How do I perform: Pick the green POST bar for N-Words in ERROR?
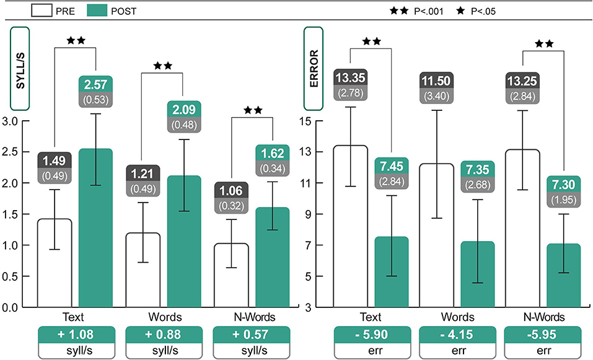[564, 275]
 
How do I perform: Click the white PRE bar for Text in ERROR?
[351, 226]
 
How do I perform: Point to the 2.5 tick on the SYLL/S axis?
[11, 152]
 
